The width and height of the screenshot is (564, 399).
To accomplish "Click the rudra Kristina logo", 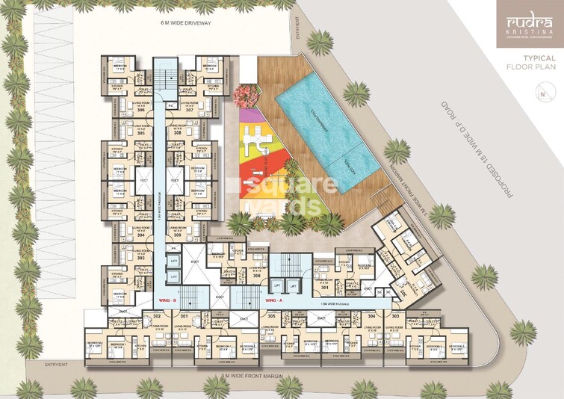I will coord(529,27).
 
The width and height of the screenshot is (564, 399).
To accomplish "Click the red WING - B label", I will coord(168,300).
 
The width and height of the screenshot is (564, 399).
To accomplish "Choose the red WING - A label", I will coord(273,300).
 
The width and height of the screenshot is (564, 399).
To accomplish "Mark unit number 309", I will coord(178,235).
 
